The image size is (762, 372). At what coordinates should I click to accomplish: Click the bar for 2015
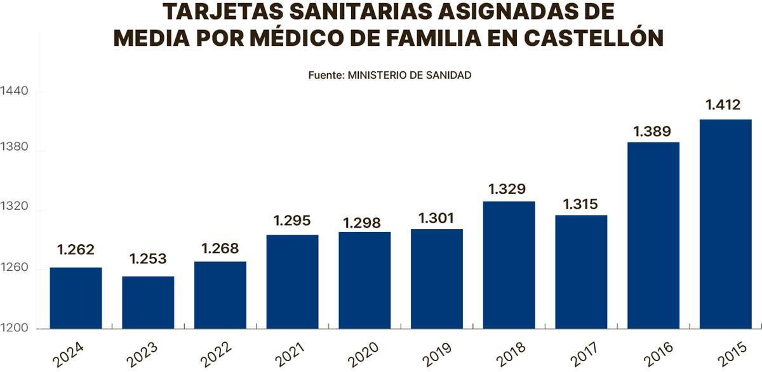click(725, 224)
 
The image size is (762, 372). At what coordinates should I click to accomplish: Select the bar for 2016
click(653, 235)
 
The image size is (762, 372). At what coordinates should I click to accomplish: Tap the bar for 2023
click(148, 302)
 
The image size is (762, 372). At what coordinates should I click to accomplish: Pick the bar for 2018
click(509, 265)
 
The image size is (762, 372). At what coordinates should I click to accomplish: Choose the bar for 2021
click(292, 282)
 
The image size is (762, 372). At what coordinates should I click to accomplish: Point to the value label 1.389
click(653, 132)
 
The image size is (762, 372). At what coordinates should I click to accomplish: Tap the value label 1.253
click(148, 259)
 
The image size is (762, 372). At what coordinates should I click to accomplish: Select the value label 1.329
click(507, 189)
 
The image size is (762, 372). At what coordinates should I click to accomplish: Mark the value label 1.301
click(436, 218)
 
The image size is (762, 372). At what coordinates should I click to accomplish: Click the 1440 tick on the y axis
click(14, 92)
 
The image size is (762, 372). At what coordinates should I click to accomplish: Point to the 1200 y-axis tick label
click(14, 329)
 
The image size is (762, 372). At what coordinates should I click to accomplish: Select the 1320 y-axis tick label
click(14, 210)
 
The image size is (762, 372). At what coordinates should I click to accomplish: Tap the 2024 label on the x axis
click(68, 354)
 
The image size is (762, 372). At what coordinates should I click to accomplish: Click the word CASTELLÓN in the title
click(594, 38)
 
